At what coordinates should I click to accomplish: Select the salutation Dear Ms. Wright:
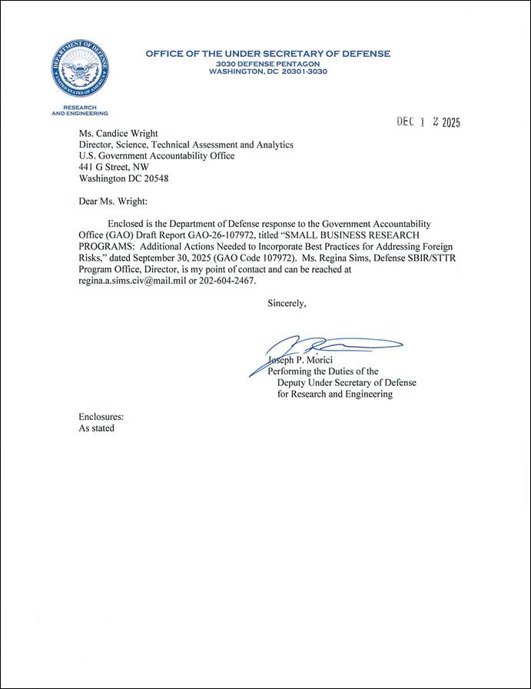click(x=112, y=205)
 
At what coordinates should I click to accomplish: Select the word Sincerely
click(x=287, y=303)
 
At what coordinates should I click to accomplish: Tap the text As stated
click(x=97, y=428)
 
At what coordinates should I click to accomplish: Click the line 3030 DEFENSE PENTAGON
click(x=267, y=62)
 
